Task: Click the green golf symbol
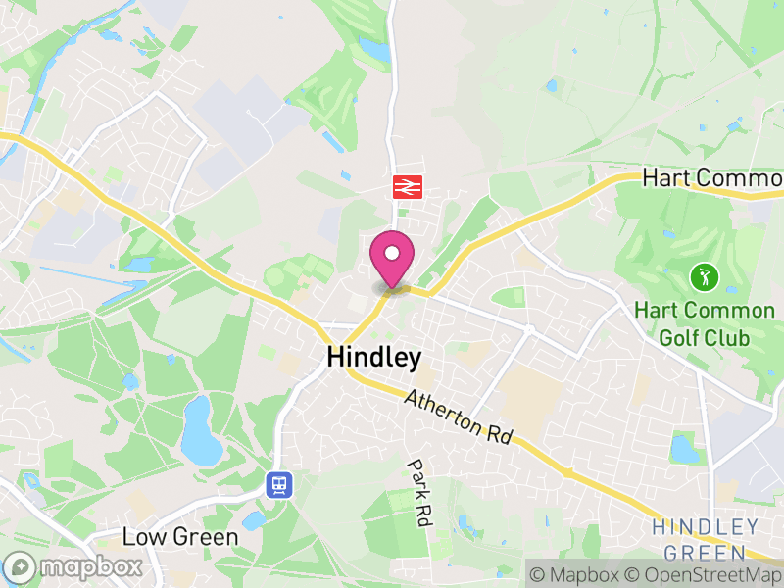coord(703,276)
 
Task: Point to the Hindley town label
coord(374,358)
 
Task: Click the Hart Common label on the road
coord(711,178)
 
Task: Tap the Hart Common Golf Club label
coord(704,324)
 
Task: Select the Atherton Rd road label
coord(458,416)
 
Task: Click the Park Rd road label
coord(420,494)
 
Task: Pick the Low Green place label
coord(180,537)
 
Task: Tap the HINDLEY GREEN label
coord(705,540)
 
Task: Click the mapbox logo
coord(74,566)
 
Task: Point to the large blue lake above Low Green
coord(201,430)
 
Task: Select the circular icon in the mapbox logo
coord(21,566)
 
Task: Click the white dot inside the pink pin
coord(392,254)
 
